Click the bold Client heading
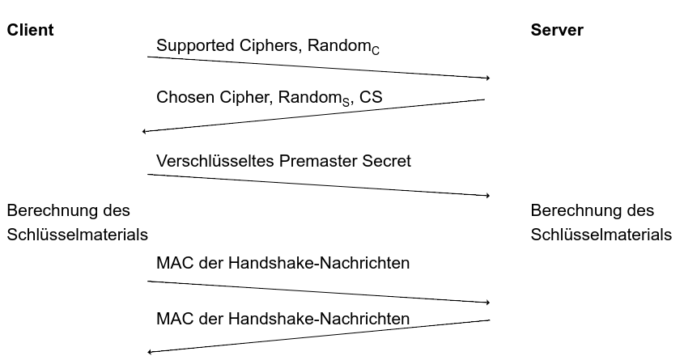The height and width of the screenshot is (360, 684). pyautogui.click(x=30, y=31)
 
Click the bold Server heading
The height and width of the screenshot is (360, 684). pyautogui.click(x=557, y=31)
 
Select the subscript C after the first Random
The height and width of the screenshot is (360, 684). pyautogui.click(x=375, y=51)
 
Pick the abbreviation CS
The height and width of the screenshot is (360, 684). pyautogui.click(x=372, y=97)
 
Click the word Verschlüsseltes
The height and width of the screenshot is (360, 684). pyautogui.click(x=215, y=161)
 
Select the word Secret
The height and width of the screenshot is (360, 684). pyautogui.click(x=387, y=161)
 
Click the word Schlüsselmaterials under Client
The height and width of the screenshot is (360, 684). pyautogui.click(x=77, y=235)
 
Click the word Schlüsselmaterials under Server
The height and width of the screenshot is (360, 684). pyautogui.click(x=601, y=235)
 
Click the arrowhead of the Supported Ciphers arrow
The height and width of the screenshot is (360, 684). pyautogui.click(x=488, y=78)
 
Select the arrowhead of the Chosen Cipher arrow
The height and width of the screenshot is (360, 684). pyautogui.click(x=144, y=131)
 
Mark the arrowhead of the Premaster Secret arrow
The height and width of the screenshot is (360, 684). pyautogui.click(x=488, y=196)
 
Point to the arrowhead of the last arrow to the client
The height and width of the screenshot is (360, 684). pyautogui.click(x=150, y=352)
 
